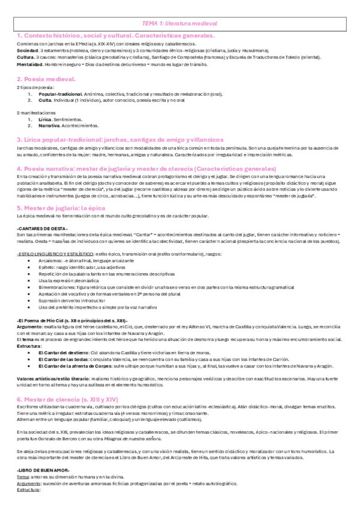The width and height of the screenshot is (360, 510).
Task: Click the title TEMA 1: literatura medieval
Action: click(x=180, y=22)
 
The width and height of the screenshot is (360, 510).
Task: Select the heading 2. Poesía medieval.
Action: click(x=46, y=79)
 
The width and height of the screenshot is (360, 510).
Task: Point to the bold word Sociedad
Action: click(x=28, y=52)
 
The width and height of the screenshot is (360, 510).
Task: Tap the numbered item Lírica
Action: click(x=45, y=120)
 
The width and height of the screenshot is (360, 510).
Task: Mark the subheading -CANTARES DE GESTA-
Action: click(x=41, y=228)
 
